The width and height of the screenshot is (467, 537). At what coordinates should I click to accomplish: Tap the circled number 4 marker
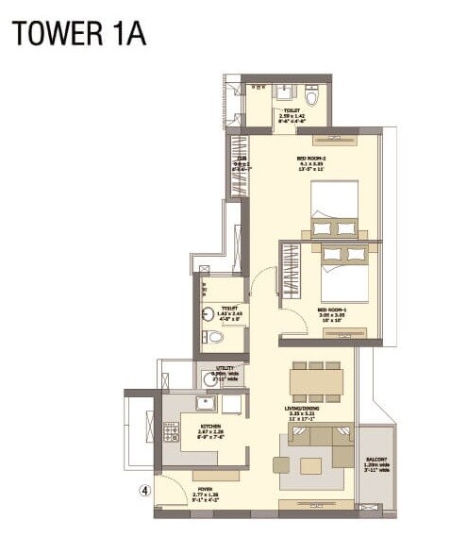click(143, 490)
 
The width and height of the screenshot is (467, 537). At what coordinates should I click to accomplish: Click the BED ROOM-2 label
click(311, 158)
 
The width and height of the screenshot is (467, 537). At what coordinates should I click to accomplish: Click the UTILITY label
click(224, 372)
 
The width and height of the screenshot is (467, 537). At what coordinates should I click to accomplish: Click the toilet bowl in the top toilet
click(312, 95)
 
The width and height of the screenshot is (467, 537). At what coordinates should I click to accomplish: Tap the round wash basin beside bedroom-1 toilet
click(208, 316)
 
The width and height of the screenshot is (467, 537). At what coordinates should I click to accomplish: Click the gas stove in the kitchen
click(172, 433)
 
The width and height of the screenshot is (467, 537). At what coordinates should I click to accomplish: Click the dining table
click(315, 382)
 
